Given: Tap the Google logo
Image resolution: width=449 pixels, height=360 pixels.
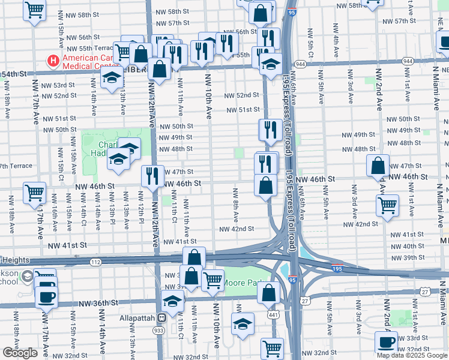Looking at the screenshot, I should (x=20, y=352).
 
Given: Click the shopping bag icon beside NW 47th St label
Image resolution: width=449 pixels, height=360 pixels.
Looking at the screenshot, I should (x=378, y=166).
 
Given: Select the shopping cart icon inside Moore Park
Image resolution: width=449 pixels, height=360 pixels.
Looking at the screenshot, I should (x=212, y=279).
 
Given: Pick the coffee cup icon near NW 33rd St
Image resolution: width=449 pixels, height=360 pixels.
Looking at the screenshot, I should (x=386, y=341).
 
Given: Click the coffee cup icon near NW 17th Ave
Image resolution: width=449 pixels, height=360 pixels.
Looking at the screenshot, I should (x=46, y=295).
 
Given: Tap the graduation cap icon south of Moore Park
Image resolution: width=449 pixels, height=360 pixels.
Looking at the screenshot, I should (x=243, y=325).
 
